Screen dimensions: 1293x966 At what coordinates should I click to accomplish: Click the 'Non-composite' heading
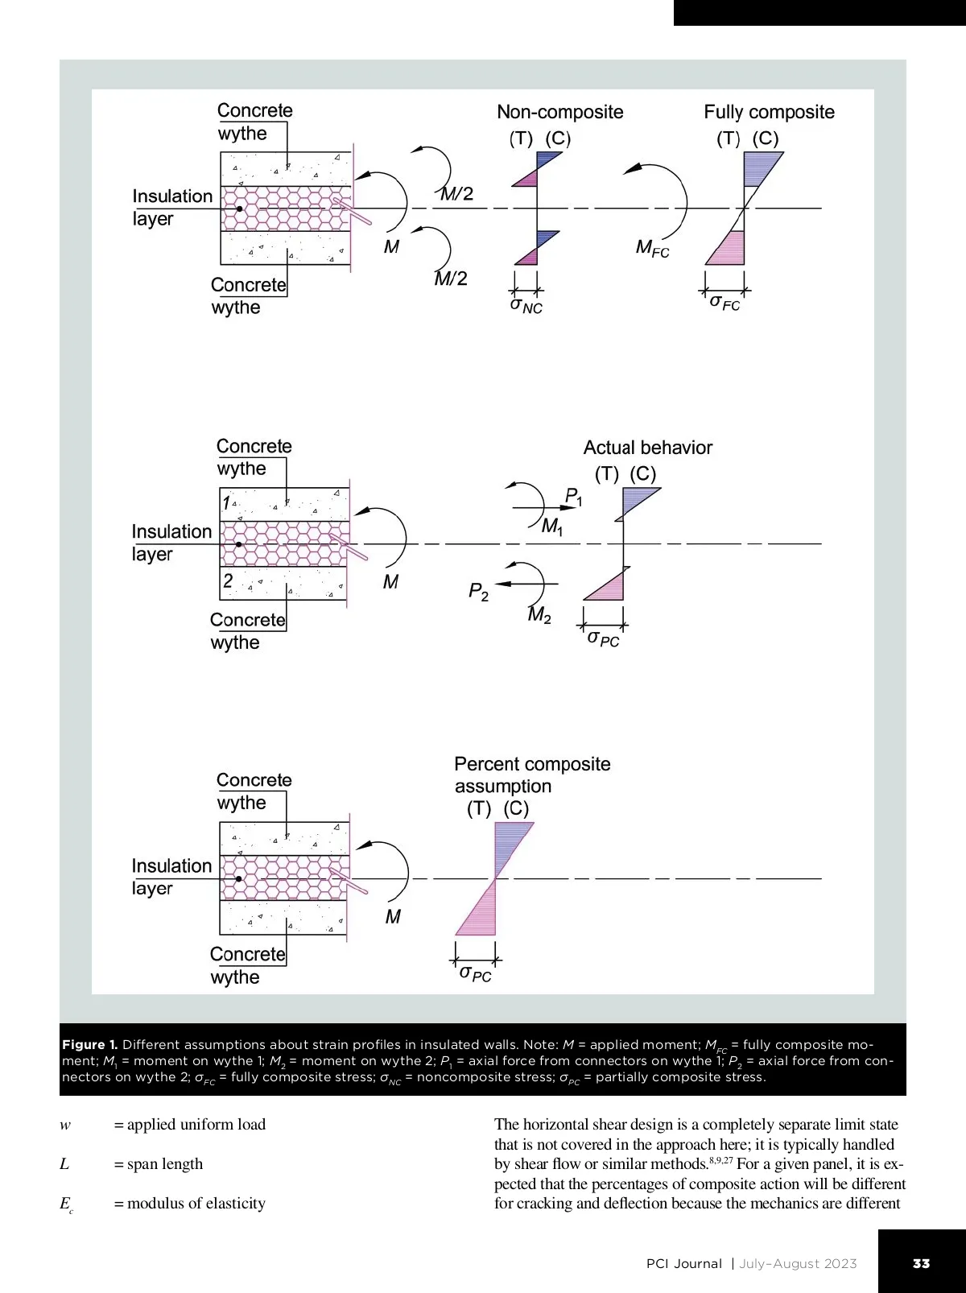coord(559,112)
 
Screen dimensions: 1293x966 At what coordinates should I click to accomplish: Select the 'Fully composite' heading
coord(769,112)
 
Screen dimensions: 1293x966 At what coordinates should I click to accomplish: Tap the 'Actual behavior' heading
coord(647,448)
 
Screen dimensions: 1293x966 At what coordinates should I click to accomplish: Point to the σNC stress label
coord(526,306)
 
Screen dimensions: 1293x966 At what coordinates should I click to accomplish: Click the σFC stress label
coord(724,303)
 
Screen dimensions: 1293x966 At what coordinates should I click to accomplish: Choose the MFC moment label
coord(652,248)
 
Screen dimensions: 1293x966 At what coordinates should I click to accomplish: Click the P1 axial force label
coord(573,497)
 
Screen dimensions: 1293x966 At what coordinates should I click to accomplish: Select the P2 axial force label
coord(478,593)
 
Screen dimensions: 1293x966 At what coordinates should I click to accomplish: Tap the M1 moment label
coord(552,527)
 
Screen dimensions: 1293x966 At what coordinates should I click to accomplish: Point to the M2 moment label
coord(539,616)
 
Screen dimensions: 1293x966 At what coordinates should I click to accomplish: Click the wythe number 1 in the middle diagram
coord(227,503)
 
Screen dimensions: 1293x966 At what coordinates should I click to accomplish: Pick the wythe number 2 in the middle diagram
coord(228,580)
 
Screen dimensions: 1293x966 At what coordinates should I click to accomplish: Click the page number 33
coord(921,1263)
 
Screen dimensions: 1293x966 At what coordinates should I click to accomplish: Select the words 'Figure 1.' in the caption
coord(89,1045)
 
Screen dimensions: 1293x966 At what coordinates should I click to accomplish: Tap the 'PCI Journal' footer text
coord(683,1263)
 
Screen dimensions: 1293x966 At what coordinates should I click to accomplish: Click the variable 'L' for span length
coord(64,1164)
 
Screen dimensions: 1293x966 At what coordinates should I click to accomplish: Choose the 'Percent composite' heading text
coord(532,764)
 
